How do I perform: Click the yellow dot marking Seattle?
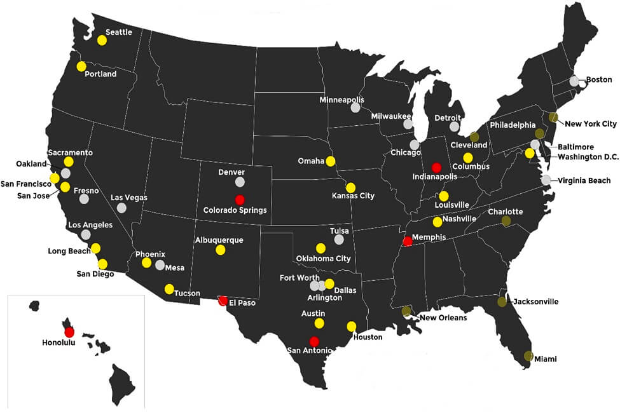point(102,40)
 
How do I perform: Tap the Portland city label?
point(100,74)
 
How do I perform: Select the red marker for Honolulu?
point(69,331)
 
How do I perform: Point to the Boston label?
point(599,80)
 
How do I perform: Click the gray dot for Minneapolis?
point(355,108)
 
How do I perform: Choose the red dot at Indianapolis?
point(436,168)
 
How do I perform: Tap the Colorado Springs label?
point(235,210)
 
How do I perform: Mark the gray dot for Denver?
point(240,182)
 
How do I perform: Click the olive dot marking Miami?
point(528,355)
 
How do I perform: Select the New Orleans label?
point(443,318)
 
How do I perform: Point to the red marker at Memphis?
point(408,241)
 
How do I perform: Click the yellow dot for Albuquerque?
point(220,250)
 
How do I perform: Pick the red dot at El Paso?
point(223,301)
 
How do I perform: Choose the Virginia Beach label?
point(584,180)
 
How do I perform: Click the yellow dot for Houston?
point(351,327)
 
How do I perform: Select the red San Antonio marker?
point(314,341)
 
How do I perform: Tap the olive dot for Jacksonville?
point(502,302)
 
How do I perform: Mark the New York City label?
point(591,124)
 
